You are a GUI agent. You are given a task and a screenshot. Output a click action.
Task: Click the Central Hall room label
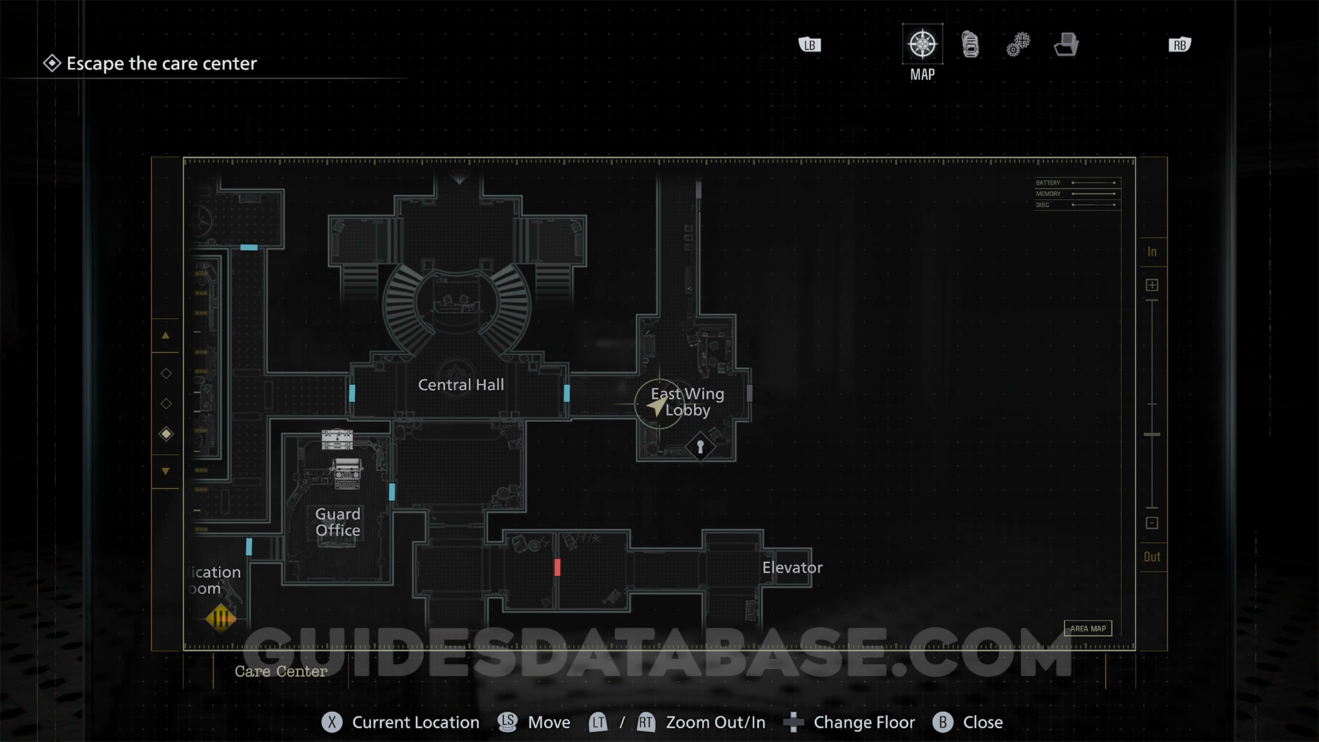(x=461, y=385)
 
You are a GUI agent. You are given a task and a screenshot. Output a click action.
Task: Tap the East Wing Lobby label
(x=687, y=402)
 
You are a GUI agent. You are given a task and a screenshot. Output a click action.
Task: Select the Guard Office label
(x=337, y=522)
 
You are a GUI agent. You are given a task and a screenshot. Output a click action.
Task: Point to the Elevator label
(x=792, y=567)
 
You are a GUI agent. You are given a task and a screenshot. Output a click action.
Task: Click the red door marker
(x=557, y=567)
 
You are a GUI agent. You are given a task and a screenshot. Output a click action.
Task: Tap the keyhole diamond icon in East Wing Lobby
(x=700, y=447)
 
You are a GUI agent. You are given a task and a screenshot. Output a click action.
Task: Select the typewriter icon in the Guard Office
(x=347, y=473)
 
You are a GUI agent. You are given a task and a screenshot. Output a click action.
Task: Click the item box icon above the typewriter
(x=337, y=438)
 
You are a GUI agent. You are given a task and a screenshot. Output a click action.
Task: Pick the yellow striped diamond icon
(x=221, y=618)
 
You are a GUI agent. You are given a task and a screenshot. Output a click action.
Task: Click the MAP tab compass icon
(x=922, y=45)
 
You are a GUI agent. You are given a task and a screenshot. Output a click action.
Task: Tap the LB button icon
(x=810, y=45)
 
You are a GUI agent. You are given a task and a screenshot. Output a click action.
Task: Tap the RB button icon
(x=1180, y=45)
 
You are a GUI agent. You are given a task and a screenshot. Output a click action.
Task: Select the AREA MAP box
(x=1087, y=629)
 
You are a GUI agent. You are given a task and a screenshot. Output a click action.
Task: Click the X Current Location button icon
(x=332, y=722)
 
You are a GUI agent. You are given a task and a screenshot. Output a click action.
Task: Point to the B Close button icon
(x=943, y=722)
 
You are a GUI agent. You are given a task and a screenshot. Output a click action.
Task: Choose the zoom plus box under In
(x=1152, y=285)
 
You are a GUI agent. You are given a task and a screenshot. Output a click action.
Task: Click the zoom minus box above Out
(x=1152, y=523)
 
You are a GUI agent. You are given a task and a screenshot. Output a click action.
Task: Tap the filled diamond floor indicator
(x=166, y=434)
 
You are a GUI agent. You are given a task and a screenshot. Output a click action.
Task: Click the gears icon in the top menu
(x=1018, y=45)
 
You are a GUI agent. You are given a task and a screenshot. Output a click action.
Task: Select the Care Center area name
(x=281, y=671)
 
